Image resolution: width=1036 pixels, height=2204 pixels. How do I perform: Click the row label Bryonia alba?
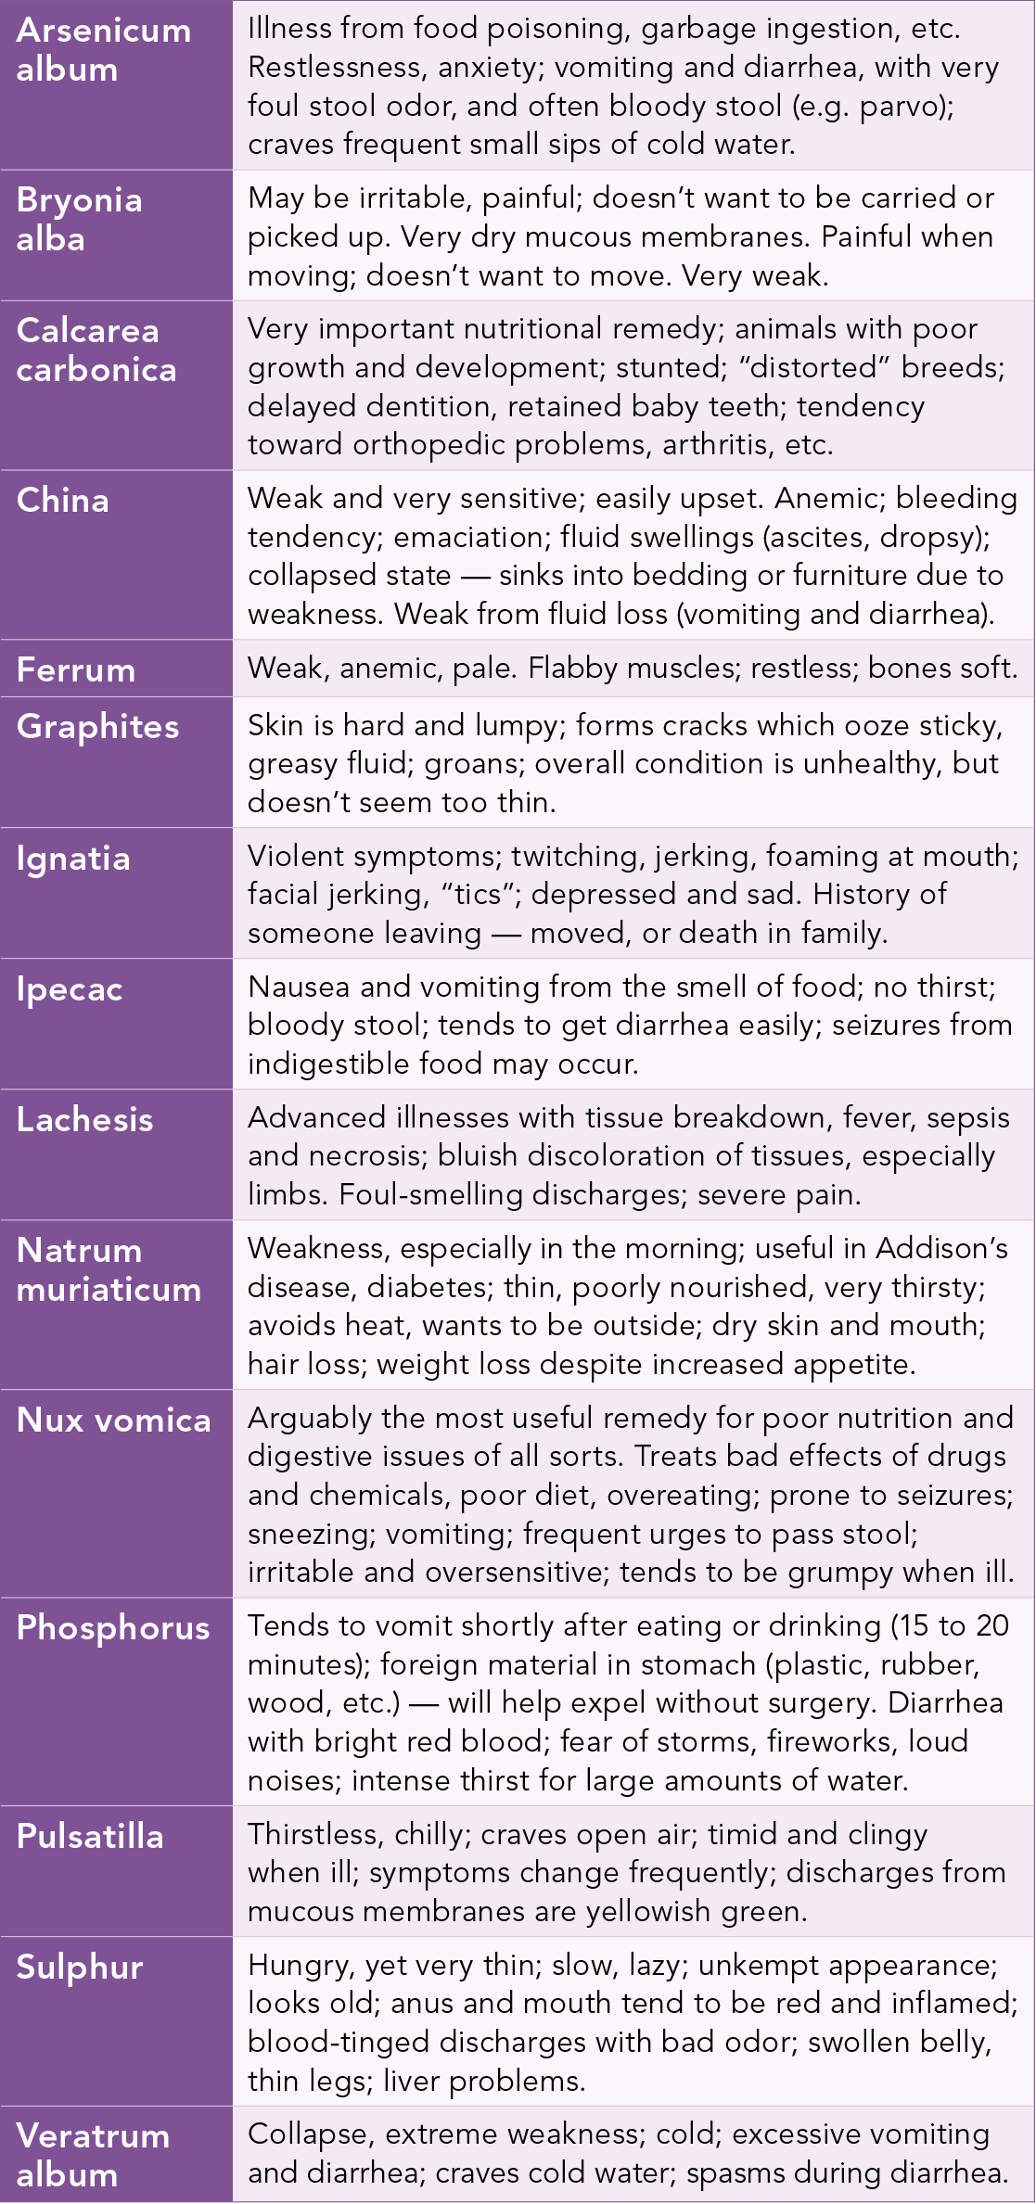[x=79, y=220]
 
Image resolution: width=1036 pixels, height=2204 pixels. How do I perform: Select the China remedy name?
[x=63, y=501]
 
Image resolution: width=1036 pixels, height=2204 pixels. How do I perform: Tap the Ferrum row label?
[x=76, y=670]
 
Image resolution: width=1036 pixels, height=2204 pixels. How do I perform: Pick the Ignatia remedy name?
[x=73, y=859]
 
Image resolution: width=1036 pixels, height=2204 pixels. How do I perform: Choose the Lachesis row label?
[x=84, y=1120]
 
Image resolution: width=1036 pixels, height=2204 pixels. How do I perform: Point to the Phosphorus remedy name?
[x=113, y=1628]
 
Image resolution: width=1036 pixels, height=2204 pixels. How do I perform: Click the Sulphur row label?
[x=80, y=1967]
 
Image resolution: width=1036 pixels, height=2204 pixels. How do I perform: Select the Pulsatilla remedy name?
[x=90, y=1837]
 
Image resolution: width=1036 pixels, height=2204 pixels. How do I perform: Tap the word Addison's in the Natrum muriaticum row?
[x=941, y=1249]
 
